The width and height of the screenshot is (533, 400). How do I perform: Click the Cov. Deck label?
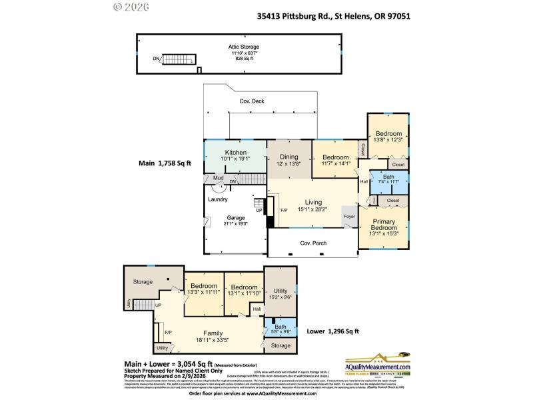252,102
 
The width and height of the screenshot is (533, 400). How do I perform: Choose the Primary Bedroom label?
383,225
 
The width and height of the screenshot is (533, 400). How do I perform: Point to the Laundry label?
218,199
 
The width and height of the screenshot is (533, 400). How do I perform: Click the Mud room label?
218,178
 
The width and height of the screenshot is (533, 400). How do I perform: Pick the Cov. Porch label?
312,243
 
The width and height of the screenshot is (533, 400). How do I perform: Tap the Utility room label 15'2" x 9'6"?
280,291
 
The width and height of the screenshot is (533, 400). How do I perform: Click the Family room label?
213,333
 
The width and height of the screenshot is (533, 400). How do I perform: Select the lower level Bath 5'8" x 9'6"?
280,327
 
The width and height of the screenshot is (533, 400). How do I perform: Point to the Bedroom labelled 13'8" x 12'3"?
388,134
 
